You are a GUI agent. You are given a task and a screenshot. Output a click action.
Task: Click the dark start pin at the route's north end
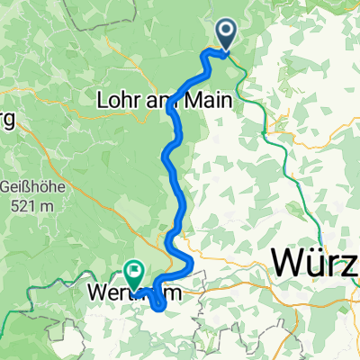pyautogui.click(x=225, y=36)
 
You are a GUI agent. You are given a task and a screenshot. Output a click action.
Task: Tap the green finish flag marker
pyautogui.click(x=135, y=269)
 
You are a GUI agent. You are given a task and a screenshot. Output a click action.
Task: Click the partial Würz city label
pyautogui.click(x=315, y=265)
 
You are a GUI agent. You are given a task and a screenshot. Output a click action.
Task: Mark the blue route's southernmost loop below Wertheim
pyautogui.click(x=159, y=307)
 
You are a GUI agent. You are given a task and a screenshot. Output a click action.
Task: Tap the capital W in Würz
pyautogui.click(x=290, y=265)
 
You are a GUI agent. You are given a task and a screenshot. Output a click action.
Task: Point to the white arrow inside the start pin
pyautogui.click(x=225, y=33)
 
